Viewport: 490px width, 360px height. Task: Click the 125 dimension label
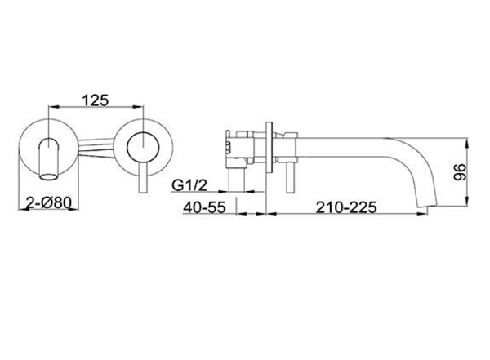pos(96,100)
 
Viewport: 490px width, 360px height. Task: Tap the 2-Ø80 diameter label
pos(48,203)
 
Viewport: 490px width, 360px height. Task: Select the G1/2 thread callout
pos(189,185)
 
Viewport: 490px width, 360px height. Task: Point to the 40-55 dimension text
pos(204,207)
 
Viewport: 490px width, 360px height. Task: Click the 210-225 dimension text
pos(346,207)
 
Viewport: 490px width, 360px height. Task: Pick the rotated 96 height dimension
pos(461,172)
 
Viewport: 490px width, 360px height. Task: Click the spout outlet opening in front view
pos(49,177)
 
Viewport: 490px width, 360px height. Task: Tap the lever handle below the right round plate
pos(143,177)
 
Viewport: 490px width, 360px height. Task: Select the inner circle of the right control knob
pos(143,147)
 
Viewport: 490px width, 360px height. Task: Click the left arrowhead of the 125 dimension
pos(54,107)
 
